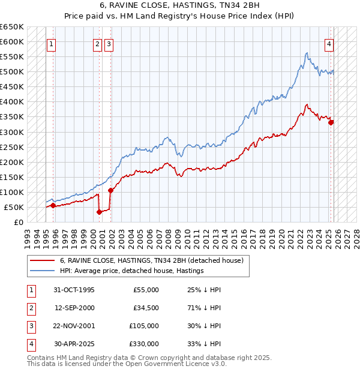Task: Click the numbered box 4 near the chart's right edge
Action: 329,43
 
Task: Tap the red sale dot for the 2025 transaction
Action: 331,122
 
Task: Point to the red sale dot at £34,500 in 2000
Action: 100,211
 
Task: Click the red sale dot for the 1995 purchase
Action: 53,205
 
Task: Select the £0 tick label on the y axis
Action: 19,222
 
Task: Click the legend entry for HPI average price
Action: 132,271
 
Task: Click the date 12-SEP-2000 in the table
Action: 74,308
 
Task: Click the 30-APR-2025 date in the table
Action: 74,344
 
